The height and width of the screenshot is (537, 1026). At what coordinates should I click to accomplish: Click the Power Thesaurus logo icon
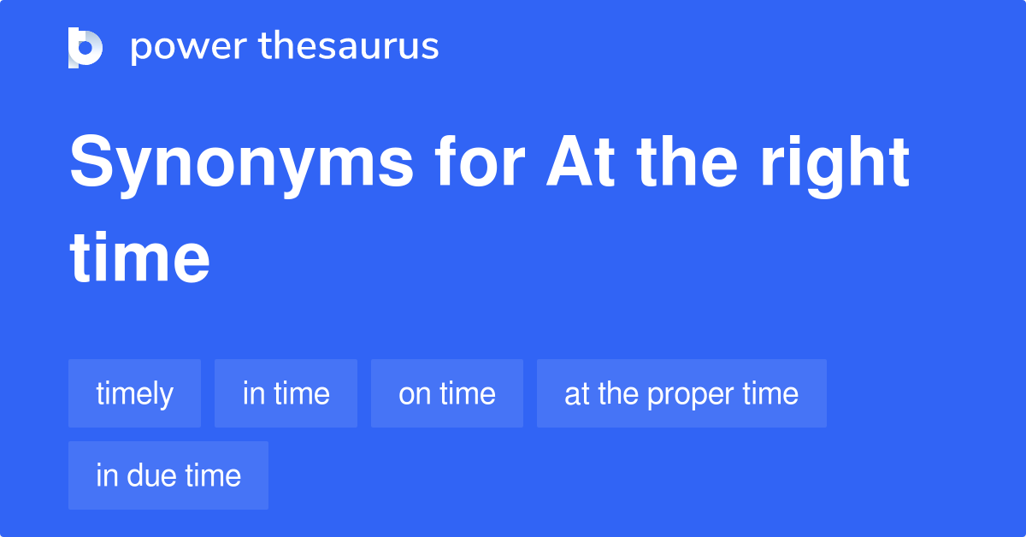[x=85, y=47]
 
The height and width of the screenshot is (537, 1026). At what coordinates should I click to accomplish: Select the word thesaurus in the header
[x=349, y=47]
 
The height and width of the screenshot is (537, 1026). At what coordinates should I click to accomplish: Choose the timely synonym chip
[x=134, y=393]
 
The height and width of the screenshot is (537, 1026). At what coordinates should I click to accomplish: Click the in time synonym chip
[x=286, y=393]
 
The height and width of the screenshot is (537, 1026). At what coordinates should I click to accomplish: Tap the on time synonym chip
[x=446, y=393]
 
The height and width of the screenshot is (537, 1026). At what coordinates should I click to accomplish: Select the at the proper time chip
[x=681, y=393]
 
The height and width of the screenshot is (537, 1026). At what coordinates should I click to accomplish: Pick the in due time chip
[x=168, y=475]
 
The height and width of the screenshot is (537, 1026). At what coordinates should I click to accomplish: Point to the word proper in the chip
[x=691, y=394]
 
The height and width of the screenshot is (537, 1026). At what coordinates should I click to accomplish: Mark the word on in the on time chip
[x=415, y=394]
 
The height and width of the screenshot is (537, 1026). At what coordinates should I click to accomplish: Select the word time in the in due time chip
[x=213, y=475]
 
